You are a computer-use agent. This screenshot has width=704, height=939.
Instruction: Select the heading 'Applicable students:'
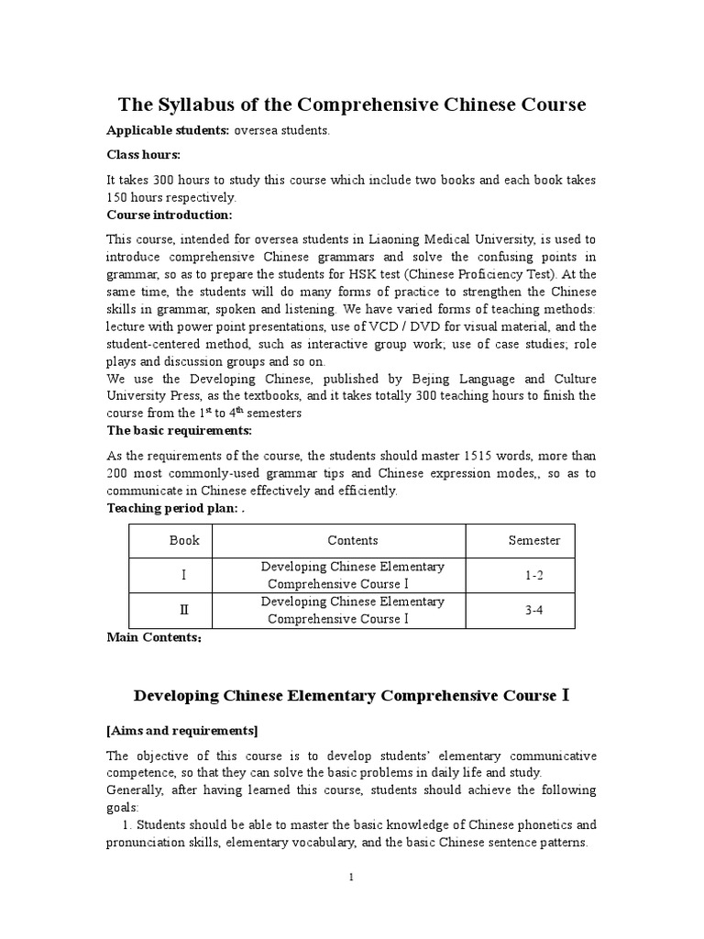pos(168,131)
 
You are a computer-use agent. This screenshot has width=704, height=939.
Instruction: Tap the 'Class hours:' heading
pos(143,155)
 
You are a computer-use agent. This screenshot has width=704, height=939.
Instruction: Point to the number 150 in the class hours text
pos(119,197)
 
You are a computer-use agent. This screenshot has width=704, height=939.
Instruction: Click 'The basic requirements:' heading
pos(179,430)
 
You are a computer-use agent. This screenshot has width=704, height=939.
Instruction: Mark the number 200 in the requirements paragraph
pos(118,473)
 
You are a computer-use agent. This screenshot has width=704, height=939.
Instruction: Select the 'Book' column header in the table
pos(184,541)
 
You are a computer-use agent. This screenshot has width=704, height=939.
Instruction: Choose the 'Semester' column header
pos(534,541)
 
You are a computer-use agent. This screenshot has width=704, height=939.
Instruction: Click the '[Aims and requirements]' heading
pos(181,731)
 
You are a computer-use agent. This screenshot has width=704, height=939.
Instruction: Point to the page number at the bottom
pos(351,878)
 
